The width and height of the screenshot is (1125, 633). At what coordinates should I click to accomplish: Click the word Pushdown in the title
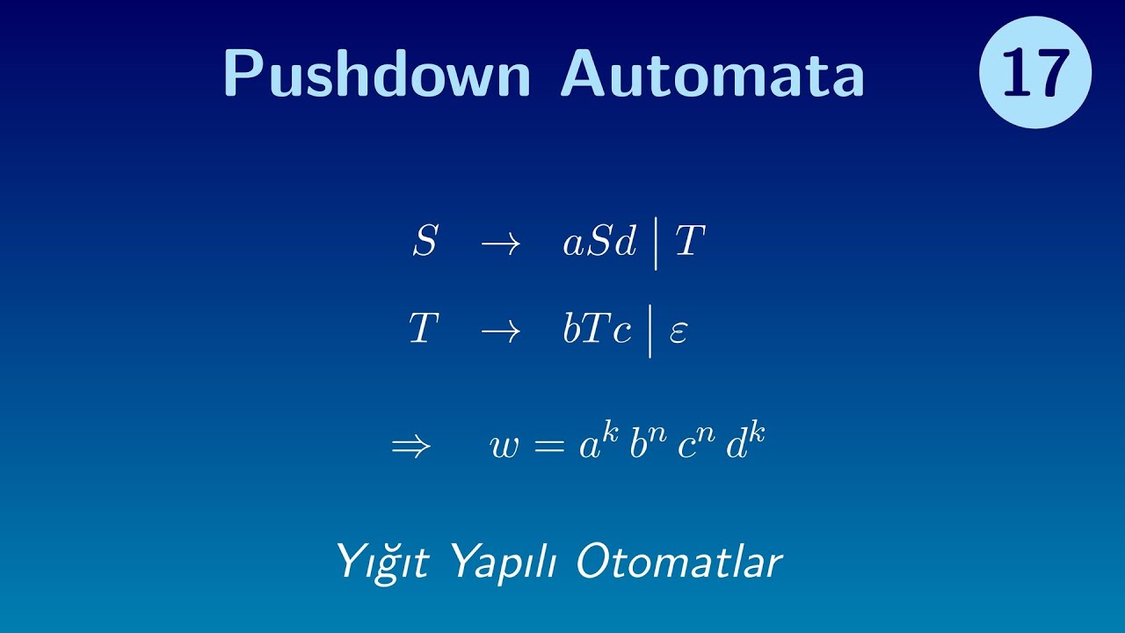pos(377,73)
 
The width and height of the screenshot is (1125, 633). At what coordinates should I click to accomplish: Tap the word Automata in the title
pos(713,73)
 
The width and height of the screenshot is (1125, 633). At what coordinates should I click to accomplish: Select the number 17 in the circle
pos(1035,73)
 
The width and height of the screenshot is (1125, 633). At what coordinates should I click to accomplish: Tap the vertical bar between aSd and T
pos(656,244)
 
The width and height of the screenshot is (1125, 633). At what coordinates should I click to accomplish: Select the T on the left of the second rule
pos(424,330)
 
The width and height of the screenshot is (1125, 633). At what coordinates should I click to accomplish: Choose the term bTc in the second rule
pos(598,330)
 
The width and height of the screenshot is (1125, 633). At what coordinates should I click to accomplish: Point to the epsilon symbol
pos(678,333)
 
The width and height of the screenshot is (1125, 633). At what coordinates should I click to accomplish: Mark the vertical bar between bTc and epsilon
pos(651,331)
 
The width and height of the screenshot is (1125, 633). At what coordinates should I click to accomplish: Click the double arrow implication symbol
pos(411,447)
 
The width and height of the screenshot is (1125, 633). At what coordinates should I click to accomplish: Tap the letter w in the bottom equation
pos(504,447)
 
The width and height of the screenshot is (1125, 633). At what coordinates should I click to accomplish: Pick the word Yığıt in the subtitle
pos(382,562)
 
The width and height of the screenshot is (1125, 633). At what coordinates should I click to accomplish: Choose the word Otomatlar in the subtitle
pos(679,562)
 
